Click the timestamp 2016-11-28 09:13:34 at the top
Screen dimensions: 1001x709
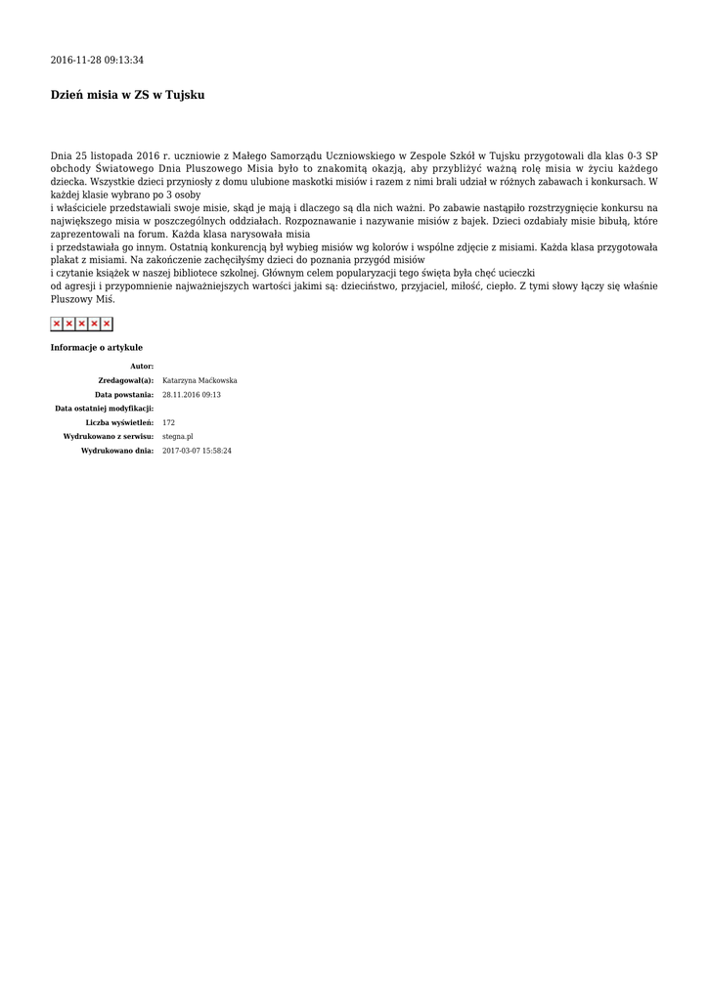click(x=97, y=61)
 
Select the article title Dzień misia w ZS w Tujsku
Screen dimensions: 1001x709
click(x=127, y=95)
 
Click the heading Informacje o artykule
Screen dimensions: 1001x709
click(x=96, y=347)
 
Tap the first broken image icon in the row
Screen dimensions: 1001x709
click(x=57, y=324)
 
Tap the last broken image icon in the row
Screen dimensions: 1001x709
click(x=107, y=324)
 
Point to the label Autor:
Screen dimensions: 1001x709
click(x=142, y=366)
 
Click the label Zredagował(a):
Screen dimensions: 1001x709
click(x=126, y=380)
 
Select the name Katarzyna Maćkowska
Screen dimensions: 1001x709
click(x=199, y=380)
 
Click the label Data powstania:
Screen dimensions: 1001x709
click(x=124, y=394)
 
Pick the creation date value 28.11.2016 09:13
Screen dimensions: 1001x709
click(x=192, y=394)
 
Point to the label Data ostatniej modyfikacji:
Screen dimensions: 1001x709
click(x=104, y=408)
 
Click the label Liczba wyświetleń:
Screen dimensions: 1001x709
click(x=119, y=422)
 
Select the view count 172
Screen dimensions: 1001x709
click(x=168, y=422)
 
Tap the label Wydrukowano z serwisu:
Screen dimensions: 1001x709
click(x=109, y=436)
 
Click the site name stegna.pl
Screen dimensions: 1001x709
click(x=178, y=436)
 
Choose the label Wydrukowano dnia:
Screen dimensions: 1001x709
click(x=117, y=451)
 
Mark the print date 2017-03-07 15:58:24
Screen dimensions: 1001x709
click(x=197, y=451)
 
